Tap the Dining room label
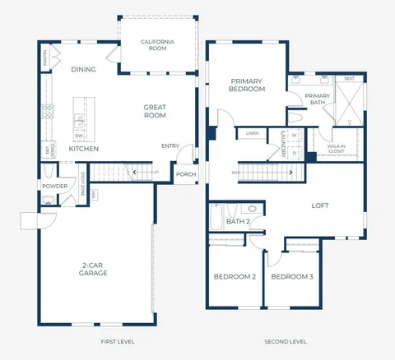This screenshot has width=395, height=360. [x=84, y=70]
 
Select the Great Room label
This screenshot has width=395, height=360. [x=156, y=111]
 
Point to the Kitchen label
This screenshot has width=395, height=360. [x=83, y=149]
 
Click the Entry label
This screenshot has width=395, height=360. [x=170, y=146]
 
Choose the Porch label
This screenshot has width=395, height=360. [x=185, y=173]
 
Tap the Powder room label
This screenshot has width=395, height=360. [x=54, y=186]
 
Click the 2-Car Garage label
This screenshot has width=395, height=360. [x=94, y=269]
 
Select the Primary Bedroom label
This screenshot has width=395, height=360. [x=247, y=84]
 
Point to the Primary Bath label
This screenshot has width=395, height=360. [x=317, y=99]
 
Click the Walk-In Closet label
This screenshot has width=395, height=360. [x=335, y=149]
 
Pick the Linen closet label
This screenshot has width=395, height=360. [x=252, y=132]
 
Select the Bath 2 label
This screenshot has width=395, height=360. [x=238, y=221]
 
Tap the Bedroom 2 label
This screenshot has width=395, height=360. [x=233, y=277]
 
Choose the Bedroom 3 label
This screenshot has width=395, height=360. [x=292, y=277]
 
